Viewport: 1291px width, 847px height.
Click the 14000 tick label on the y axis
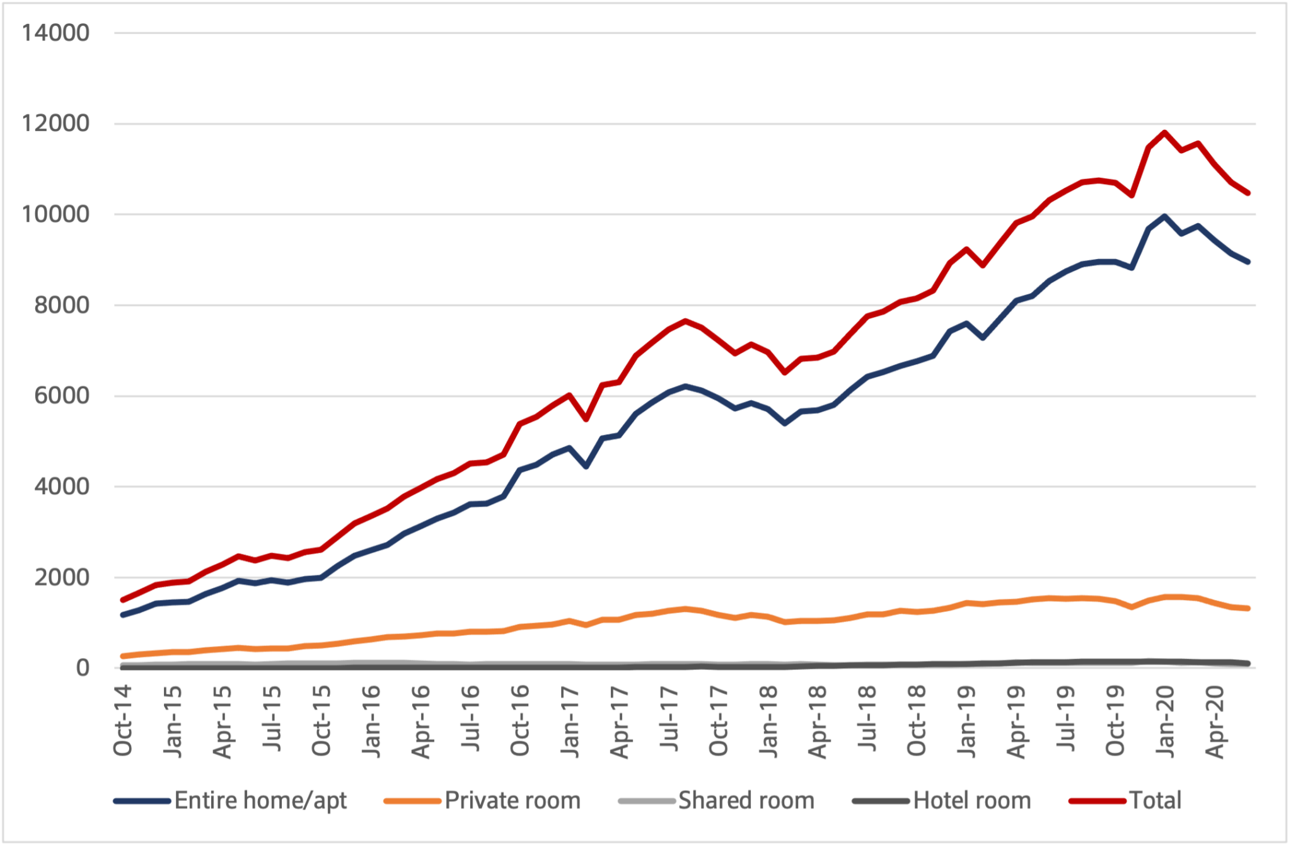pos(55,33)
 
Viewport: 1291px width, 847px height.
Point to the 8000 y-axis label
pos(62,305)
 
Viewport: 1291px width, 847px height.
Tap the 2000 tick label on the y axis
pos(62,577)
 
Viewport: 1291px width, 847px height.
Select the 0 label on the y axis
pos(83,667)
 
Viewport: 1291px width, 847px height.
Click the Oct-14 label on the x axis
pos(123,720)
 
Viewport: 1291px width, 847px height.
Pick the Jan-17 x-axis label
pos(570,720)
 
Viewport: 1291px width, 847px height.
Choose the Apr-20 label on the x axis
pos(1215,721)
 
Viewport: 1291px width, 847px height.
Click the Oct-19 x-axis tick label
pos(1115,720)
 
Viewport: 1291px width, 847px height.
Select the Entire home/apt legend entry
pos(260,800)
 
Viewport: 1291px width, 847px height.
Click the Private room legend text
pos(512,800)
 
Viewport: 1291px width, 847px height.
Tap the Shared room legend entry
pos(746,800)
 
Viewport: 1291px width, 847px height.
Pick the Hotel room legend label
pos(972,800)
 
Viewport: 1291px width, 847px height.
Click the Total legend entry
pos(1155,800)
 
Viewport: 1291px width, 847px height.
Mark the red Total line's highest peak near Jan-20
pos(1164,132)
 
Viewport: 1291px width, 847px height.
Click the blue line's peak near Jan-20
pos(1164,216)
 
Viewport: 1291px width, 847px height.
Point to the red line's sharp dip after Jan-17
pos(586,420)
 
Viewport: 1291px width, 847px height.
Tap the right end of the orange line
pos(1248,609)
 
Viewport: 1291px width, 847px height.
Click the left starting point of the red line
pos(122,599)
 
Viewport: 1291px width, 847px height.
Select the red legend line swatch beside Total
pos(1097,801)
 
